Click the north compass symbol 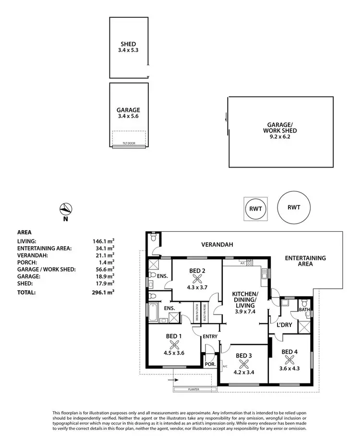pyautogui.click(x=66, y=209)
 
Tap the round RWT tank pyautogui.click(x=294, y=207)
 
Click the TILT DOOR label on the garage pyautogui.click(x=128, y=143)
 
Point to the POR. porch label pyautogui.click(x=210, y=364)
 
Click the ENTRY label pyautogui.click(x=210, y=336)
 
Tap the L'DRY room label pyautogui.click(x=285, y=325)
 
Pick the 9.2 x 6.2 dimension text pyautogui.click(x=280, y=137)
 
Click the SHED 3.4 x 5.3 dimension pyautogui.click(x=129, y=49)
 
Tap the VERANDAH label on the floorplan pyautogui.click(x=217, y=245)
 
